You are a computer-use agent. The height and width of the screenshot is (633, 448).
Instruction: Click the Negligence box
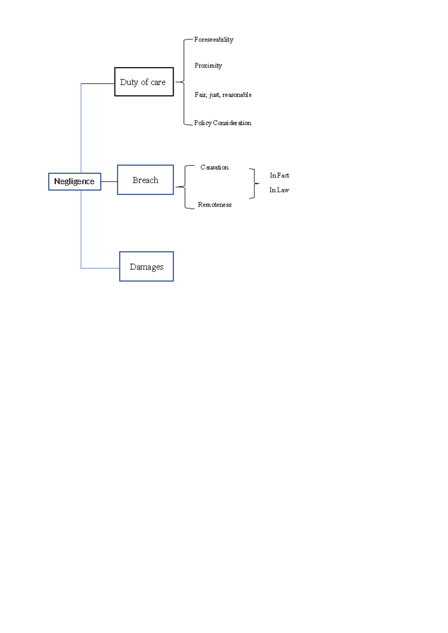[x=74, y=182]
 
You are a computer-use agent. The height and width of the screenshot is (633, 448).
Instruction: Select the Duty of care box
[x=144, y=82]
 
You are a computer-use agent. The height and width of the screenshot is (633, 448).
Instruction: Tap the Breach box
[x=145, y=180]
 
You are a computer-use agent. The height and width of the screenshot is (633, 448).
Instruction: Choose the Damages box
[x=146, y=266]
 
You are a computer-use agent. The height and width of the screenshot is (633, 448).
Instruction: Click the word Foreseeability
[x=214, y=40]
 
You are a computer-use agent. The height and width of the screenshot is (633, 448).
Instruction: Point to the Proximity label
[x=208, y=66]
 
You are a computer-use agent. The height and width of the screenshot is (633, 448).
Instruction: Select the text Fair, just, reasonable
[x=223, y=95]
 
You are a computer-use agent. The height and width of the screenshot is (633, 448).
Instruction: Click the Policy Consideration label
[x=223, y=123]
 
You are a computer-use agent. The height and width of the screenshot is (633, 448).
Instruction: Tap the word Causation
[x=214, y=167]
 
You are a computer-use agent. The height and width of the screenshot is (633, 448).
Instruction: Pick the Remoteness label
[x=215, y=205]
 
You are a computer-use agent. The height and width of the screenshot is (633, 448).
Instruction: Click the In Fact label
[x=279, y=175]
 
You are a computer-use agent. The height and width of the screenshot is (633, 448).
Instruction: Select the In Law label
[x=279, y=190]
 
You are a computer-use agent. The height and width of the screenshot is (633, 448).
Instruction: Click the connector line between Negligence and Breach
[x=109, y=182]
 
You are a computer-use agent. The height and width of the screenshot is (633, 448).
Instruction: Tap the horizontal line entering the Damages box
[x=100, y=268]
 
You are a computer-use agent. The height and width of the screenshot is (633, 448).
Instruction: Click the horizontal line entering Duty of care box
[x=98, y=84]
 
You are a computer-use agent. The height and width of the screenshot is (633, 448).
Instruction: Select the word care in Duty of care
[x=158, y=82]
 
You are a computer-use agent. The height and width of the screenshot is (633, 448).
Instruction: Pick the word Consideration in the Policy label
[x=232, y=123]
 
